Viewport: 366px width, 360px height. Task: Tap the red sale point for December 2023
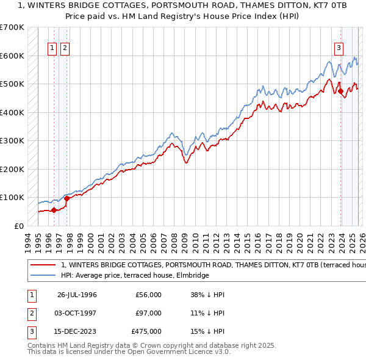click(x=341, y=92)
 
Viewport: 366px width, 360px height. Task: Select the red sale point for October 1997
click(x=66, y=198)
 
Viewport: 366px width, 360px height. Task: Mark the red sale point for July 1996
click(x=54, y=210)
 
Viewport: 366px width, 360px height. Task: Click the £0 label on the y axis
click(x=18, y=226)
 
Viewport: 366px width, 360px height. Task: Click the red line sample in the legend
click(x=43, y=265)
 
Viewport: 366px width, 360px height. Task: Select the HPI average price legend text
click(x=135, y=276)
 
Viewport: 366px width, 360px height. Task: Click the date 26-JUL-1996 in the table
click(x=77, y=295)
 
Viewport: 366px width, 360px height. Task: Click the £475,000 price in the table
click(x=146, y=332)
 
